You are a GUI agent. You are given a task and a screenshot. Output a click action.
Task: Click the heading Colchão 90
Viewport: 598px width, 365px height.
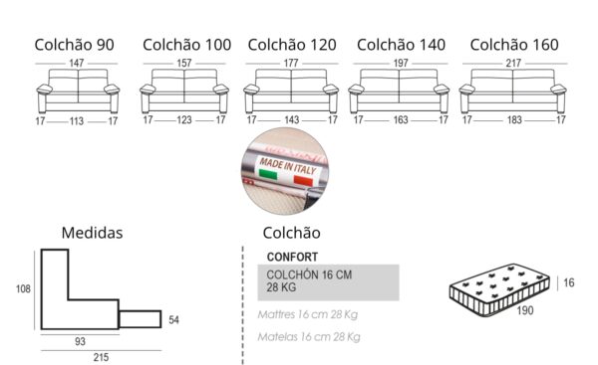(74, 45)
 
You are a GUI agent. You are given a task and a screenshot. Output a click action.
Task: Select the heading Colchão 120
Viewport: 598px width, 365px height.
(291, 45)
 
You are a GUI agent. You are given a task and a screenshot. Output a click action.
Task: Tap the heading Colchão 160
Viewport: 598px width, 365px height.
(514, 45)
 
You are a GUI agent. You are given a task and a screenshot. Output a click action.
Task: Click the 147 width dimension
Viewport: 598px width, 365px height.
(77, 64)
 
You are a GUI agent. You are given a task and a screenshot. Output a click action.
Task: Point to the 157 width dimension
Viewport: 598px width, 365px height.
(185, 64)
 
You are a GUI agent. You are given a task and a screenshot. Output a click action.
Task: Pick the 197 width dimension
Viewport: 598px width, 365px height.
(402, 64)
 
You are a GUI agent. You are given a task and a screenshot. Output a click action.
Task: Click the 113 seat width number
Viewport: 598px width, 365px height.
(77, 121)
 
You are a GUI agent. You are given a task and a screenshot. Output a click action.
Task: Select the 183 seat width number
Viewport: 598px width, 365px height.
(512, 121)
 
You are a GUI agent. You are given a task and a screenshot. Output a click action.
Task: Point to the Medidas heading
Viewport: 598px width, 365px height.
(93, 233)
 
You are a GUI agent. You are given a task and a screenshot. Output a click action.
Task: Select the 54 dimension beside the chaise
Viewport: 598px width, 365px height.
(174, 319)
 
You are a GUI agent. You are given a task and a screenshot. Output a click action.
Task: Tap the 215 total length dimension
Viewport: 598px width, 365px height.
(101, 356)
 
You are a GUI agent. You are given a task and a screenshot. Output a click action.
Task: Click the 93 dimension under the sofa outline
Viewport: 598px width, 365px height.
(79, 340)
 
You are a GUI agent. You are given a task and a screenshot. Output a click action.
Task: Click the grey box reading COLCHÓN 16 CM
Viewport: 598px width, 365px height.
(328, 281)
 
